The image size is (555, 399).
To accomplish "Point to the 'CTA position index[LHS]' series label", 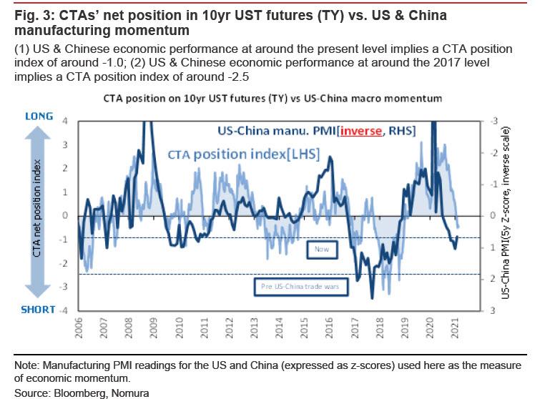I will [x=223, y=153].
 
